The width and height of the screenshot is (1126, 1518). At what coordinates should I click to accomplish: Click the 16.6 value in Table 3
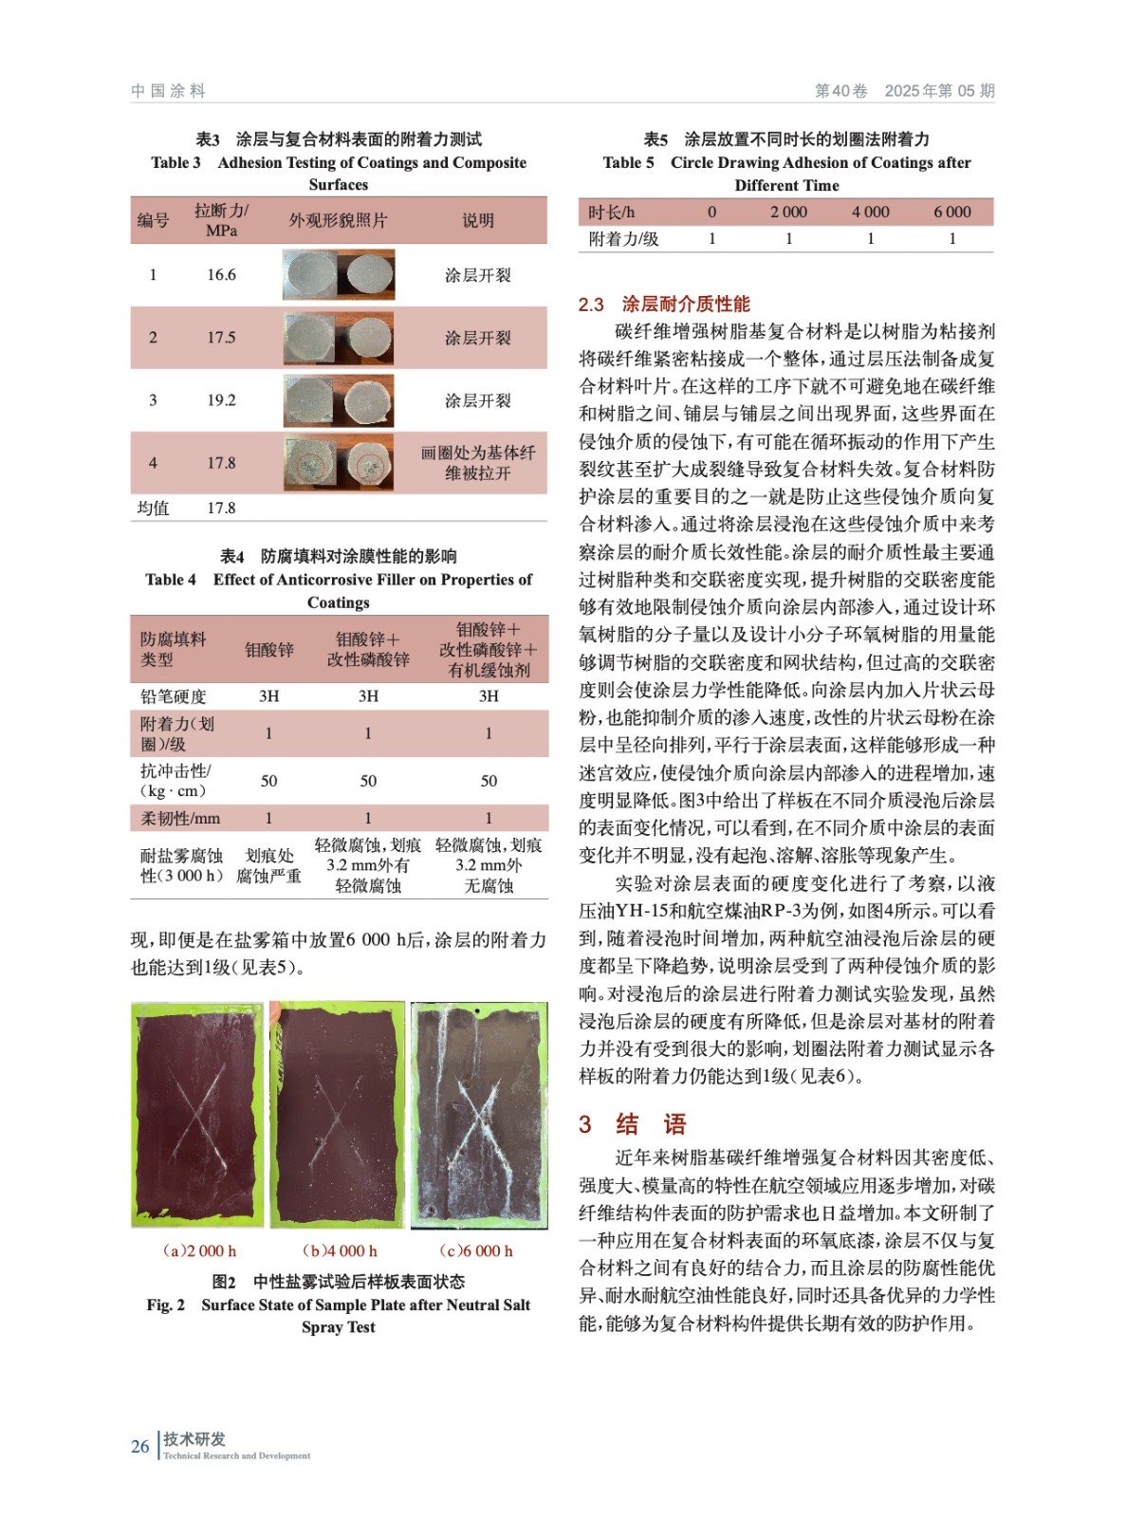[221, 275]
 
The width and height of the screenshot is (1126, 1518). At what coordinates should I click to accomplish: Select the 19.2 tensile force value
[221, 400]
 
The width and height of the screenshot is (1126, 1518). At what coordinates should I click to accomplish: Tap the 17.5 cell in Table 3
[221, 338]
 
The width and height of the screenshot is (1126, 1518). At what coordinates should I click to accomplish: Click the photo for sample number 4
[339, 463]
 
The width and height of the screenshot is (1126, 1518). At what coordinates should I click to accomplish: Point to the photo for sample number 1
[339, 275]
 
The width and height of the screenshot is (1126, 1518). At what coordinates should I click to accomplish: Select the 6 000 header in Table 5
[951, 213]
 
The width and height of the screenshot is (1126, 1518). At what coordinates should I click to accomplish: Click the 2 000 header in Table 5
[788, 213]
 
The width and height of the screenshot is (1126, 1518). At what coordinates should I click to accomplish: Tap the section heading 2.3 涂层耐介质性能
[664, 305]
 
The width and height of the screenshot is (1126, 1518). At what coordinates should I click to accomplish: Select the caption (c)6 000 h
[476, 1251]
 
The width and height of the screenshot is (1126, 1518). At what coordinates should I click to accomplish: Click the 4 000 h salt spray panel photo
[338, 1114]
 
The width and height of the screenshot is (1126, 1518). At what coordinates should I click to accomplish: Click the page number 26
[140, 1447]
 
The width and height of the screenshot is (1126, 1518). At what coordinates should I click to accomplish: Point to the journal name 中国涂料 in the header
[169, 91]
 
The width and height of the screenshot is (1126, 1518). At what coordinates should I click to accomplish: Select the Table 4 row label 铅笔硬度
[174, 696]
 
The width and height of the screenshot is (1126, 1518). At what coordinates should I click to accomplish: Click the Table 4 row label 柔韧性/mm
[180, 818]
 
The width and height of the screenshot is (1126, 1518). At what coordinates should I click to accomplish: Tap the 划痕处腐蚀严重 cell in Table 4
[269, 865]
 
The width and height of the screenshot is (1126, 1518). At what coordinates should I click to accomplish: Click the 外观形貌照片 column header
[339, 221]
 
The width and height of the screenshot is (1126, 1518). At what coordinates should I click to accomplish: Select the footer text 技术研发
[194, 1439]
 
